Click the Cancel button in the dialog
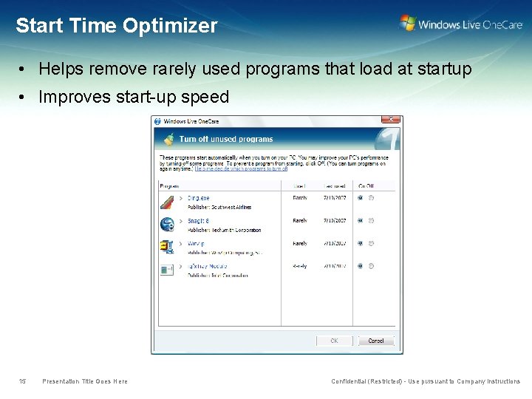click(376, 341)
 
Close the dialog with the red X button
click(391, 120)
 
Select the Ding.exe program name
click(198, 198)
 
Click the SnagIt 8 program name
click(198, 221)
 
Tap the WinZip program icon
click(167, 246)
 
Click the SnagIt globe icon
click(167, 223)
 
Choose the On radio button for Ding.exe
click(360, 198)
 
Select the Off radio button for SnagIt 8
click(370, 220)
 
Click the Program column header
click(170, 186)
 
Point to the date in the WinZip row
click(335, 243)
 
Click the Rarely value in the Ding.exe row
click(299, 198)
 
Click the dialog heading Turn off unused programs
click(225, 139)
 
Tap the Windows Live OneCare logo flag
click(407, 23)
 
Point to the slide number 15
click(22, 381)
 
